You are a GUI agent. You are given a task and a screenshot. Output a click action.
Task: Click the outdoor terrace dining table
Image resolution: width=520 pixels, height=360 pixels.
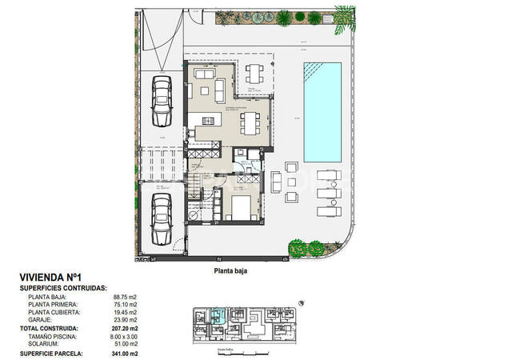click(x=255, y=74)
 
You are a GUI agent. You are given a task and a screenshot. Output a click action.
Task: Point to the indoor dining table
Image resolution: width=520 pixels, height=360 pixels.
click(x=250, y=123)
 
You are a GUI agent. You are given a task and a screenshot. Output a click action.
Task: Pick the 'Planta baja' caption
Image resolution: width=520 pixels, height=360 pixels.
click(x=230, y=271)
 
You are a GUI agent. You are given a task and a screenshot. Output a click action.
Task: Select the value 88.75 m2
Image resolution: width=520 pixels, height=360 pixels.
click(x=123, y=297)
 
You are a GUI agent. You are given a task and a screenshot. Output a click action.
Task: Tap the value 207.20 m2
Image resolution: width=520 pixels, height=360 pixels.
click(x=123, y=328)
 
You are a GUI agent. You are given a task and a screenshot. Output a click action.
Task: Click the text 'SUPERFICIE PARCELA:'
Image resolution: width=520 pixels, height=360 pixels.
click(x=54, y=353)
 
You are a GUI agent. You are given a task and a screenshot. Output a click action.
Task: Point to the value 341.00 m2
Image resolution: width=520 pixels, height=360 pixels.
click(x=123, y=353)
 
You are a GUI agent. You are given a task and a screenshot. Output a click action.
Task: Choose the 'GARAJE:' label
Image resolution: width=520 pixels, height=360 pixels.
click(x=40, y=320)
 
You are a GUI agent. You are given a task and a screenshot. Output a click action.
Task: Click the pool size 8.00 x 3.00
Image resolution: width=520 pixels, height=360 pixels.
click(x=123, y=336)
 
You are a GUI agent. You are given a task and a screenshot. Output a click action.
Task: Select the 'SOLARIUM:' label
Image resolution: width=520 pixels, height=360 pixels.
click(x=44, y=344)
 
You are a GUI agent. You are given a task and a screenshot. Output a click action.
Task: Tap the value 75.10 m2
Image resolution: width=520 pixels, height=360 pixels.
click(x=123, y=305)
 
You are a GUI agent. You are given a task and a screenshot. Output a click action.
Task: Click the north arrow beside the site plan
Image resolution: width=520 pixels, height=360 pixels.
click(x=302, y=303)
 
